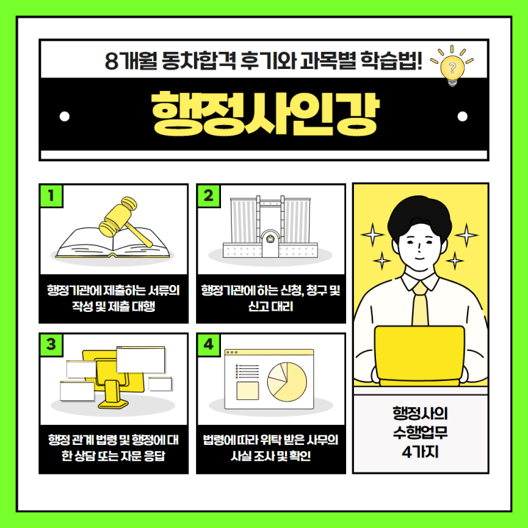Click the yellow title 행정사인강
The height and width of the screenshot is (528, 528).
pyautogui.click(x=265, y=114)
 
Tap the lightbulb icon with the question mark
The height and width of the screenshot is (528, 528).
pyautogui.click(x=452, y=67)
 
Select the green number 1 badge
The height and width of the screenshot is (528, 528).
pyautogui.click(x=51, y=195)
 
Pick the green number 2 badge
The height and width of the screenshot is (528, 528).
pyautogui.click(x=208, y=195)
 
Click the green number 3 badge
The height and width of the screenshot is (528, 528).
pyautogui.click(x=51, y=344)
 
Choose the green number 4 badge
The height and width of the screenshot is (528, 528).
pyautogui.click(x=208, y=344)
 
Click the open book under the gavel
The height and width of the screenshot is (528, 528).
pyautogui.click(x=112, y=243)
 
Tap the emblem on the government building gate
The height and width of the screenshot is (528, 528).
pyautogui.click(x=270, y=239)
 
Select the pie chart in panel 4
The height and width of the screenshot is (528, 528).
pyautogui.click(x=287, y=382)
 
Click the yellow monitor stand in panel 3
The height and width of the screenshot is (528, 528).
pyautogui.click(x=113, y=394)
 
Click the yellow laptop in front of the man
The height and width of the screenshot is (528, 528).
pyautogui.click(x=419, y=355)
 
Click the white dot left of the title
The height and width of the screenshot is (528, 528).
pyautogui.click(x=65, y=116)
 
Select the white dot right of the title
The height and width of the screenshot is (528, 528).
pyautogui.click(x=463, y=116)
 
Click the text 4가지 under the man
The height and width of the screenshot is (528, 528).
pyautogui.click(x=420, y=451)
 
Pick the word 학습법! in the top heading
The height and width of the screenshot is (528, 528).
pyautogui.click(x=391, y=60)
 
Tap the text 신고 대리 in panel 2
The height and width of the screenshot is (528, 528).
pyautogui.click(x=271, y=306)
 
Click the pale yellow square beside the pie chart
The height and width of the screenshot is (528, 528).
pyautogui.click(x=247, y=391)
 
